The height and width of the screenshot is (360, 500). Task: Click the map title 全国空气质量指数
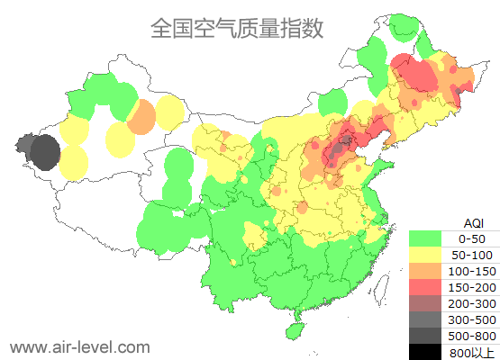[237, 28]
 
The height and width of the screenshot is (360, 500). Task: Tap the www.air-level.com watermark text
[79, 346]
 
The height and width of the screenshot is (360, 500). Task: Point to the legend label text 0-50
[472, 238]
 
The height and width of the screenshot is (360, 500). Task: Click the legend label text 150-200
[472, 286]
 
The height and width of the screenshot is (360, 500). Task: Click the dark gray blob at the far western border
[40, 151]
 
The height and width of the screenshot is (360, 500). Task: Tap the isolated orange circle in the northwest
[141, 117]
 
